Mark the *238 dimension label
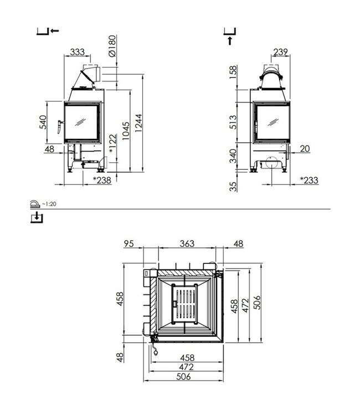pos(101,180)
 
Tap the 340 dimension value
pos(233,157)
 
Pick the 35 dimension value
pos(233,185)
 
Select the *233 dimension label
pos(308,180)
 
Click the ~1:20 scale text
pos(51,204)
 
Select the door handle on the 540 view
pos(59,127)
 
